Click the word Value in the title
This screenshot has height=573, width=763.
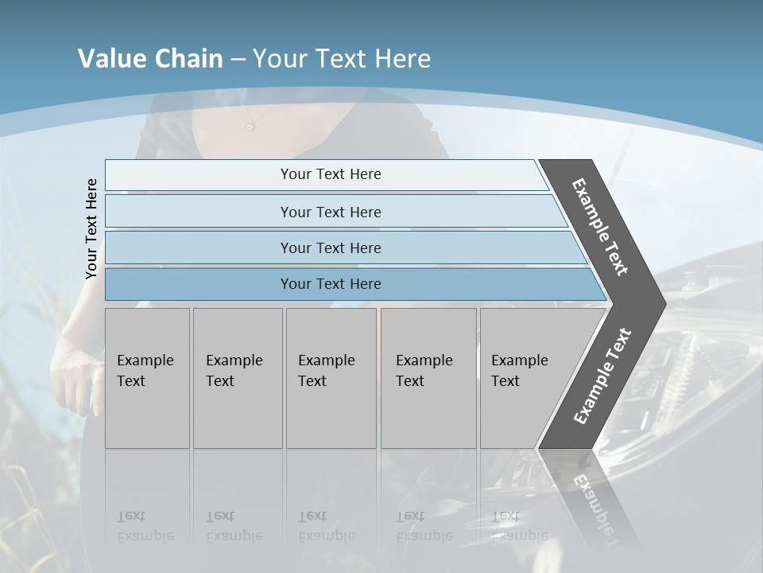110,59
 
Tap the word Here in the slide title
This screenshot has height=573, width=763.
402,59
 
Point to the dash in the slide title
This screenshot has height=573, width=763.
238,60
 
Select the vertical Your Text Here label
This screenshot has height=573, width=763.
91,228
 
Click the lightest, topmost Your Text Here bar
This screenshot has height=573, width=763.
330,174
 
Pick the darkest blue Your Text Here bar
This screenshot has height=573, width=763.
330,284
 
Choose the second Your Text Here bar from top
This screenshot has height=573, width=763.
330,212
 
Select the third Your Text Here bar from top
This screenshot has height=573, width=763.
330,248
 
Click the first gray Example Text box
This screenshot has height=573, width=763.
147,378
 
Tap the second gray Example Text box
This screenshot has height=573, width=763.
238,378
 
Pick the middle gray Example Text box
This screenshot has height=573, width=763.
331,378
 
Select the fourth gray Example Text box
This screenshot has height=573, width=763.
428,378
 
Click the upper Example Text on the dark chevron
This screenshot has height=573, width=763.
600,227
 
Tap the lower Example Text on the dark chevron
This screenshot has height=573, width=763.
602,376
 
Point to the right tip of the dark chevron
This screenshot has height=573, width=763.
664,303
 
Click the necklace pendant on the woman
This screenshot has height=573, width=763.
250,126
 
